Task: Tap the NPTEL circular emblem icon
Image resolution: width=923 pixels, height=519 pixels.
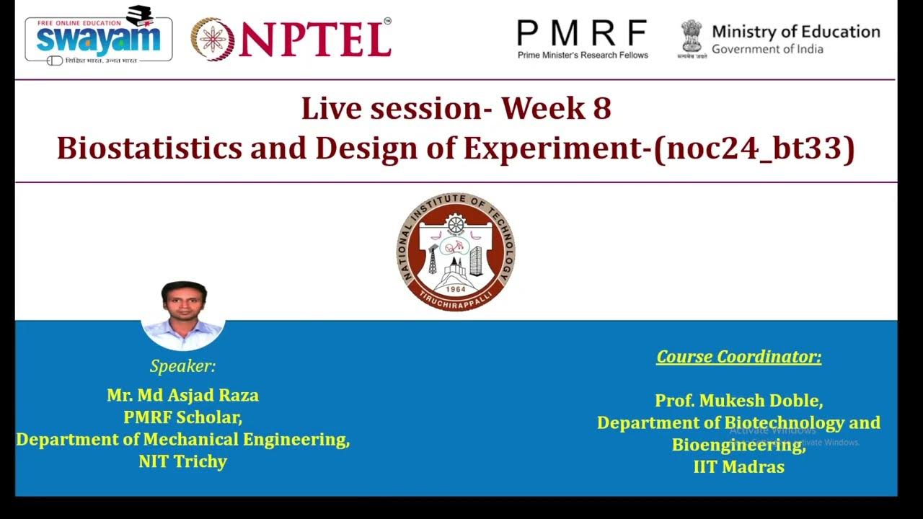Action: point(212,39)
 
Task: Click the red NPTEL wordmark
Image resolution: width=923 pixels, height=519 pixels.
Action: point(315,39)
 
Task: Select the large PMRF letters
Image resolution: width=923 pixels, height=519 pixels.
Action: point(582,32)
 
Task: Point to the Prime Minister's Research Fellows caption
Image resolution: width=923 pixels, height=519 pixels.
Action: point(583,55)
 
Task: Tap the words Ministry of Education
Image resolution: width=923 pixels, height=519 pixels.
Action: point(795,32)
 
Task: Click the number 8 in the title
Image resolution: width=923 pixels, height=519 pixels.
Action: point(601,109)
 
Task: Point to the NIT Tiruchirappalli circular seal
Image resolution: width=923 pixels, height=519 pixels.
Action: point(456,252)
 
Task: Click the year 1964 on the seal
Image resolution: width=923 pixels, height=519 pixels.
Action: point(455,289)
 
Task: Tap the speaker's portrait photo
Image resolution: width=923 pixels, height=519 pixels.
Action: point(183,314)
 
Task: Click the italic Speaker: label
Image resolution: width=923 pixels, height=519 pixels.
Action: point(182,365)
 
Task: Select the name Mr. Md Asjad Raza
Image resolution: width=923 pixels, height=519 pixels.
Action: point(182,395)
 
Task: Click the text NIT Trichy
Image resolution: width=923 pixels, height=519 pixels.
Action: point(182,461)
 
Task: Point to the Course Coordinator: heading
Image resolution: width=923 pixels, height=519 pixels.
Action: point(738,357)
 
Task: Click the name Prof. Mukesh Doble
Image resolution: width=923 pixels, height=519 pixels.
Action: point(738,400)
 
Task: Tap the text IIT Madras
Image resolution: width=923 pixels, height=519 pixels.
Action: point(738,466)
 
